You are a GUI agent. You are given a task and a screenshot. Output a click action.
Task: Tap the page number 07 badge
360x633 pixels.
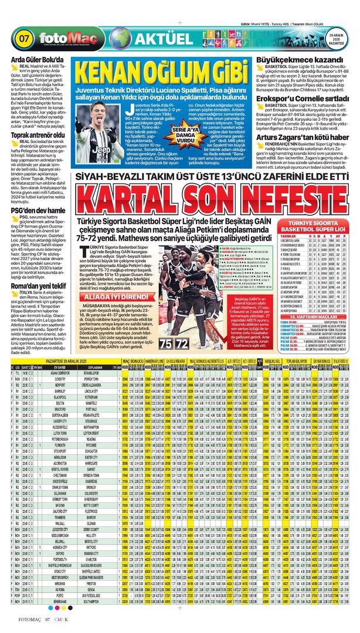pyautogui.click(x=25, y=40)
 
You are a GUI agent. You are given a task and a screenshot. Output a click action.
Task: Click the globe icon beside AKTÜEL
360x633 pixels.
pyautogui.click(x=120, y=39)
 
